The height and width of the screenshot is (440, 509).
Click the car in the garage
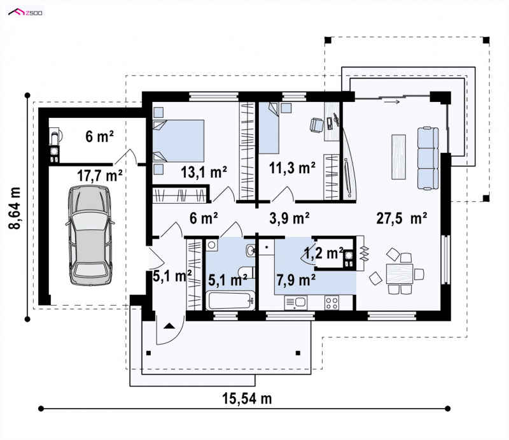tap(90, 235)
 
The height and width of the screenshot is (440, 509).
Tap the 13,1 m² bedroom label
tap(204, 171)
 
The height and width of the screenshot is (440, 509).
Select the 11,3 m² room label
tap(292, 167)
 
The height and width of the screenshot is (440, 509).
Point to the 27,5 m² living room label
tap(401, 218)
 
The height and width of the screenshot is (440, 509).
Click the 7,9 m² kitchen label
tap(296, 280)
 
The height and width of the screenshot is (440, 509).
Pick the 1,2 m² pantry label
tap(324, 253)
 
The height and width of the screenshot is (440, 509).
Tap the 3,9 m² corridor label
tap(289, 218)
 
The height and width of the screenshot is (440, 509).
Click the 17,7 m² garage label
tap(100, 176)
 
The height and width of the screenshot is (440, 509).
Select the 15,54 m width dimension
tap(247, 398)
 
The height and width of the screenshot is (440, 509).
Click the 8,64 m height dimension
tap(15, 208)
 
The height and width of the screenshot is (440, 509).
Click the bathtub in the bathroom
tap(230, 301)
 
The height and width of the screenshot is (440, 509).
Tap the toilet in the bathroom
tap(246, 272)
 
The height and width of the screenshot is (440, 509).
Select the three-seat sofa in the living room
tap(428, 159)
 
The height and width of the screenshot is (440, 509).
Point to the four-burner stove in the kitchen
tap(331, 302)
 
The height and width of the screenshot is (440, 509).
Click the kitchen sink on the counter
tap(295, 302)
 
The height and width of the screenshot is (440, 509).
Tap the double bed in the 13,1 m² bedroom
tap(179, 141)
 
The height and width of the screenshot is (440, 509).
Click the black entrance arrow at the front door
tap(169, 325)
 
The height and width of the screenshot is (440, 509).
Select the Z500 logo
tap(25, 13)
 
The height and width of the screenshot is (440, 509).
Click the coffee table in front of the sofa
tap(399, 157)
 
